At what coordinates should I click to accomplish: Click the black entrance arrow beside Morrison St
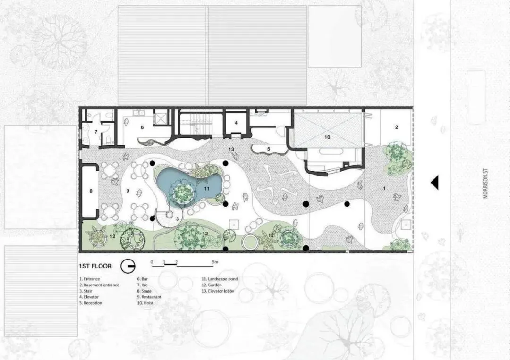coord(435,183)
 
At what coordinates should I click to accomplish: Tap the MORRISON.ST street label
coord(485,183)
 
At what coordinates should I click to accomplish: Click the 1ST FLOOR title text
coord(95,266)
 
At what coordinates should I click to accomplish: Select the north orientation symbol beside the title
coord(128,266)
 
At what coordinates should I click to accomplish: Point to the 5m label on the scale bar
coord(215,262)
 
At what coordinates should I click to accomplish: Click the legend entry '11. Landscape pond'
coord(220,279)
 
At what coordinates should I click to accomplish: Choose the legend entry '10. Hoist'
coord(145,303)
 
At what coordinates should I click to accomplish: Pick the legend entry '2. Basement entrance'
coord(99,285)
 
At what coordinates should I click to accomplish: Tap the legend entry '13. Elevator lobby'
coord(218,291)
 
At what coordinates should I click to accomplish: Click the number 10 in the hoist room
coord(327,137)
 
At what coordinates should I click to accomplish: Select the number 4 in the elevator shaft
coord(236,123)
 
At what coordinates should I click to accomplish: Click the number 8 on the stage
coord(91,191)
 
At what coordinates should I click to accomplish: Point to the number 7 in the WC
coord(96,132)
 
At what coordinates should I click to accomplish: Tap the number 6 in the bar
coord(142,127)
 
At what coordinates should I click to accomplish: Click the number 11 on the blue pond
coord(206,188)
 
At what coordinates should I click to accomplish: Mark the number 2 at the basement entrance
coord(397,127)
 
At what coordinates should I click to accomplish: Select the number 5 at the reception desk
coord(269,149)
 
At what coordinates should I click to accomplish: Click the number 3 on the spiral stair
coord(178,219)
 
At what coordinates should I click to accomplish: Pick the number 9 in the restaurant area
coord(128,191)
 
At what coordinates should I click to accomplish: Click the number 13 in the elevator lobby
coord(231,149)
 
